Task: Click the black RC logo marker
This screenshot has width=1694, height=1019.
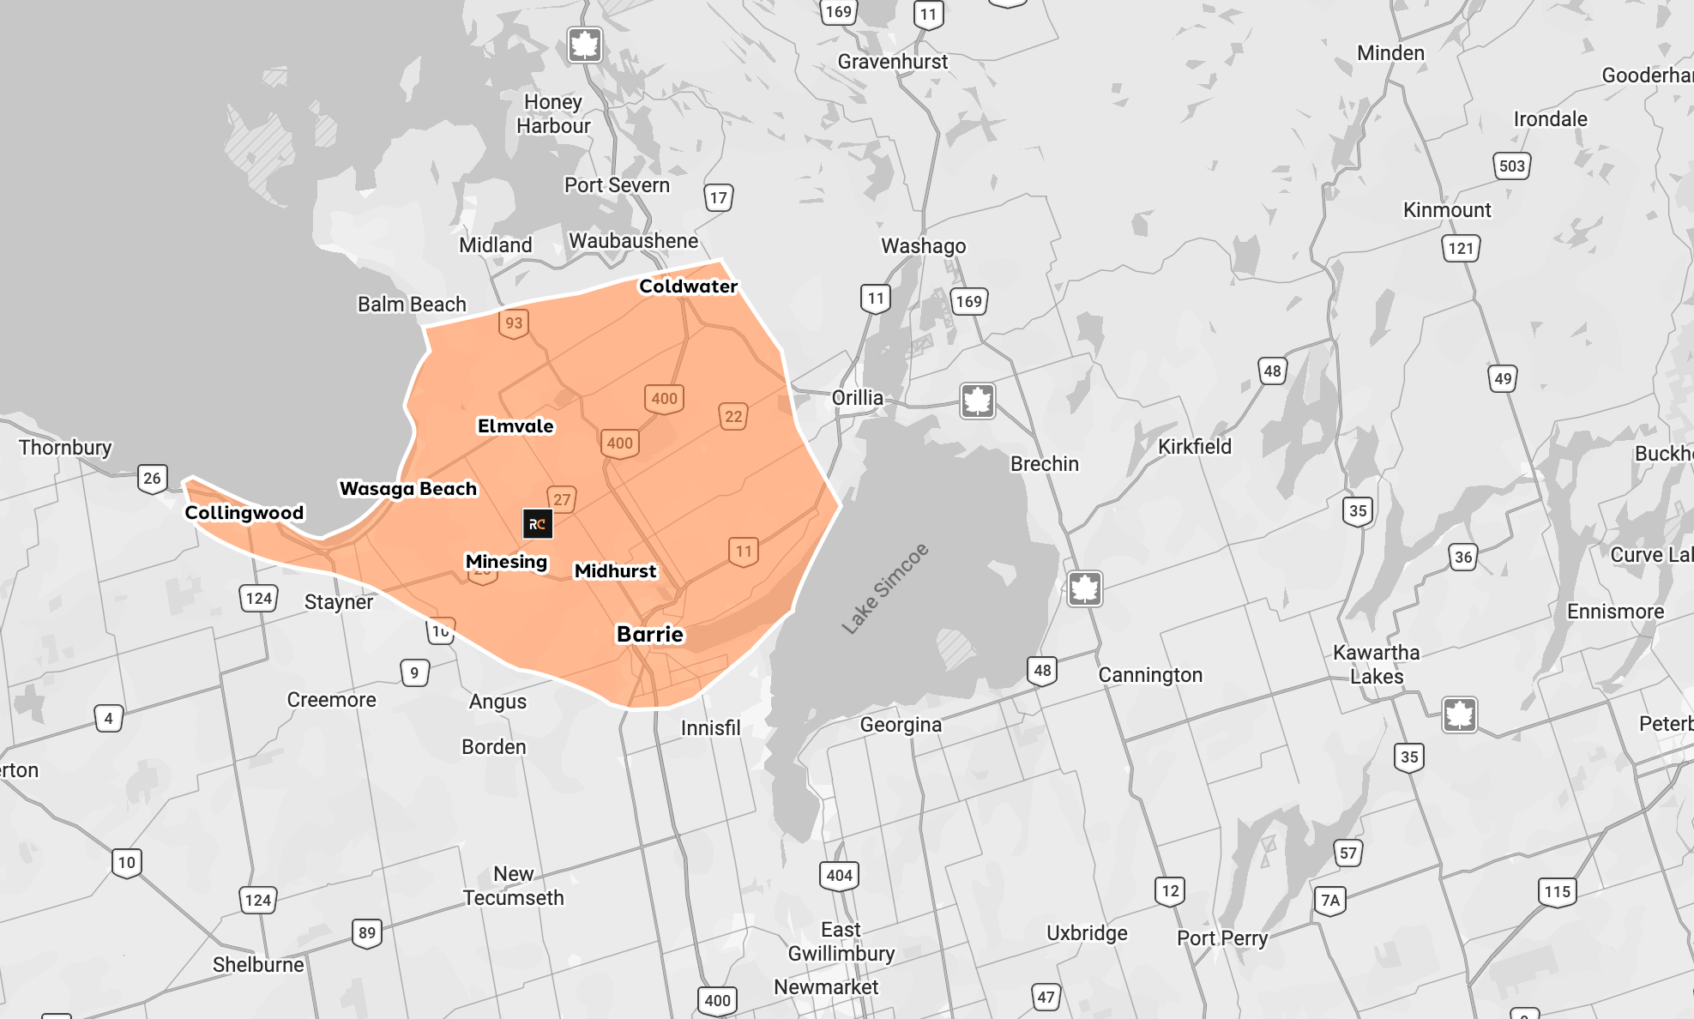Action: click(x=538, y=524)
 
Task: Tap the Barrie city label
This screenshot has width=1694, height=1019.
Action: click(x=650, y=635)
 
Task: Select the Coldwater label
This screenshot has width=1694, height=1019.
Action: click(x=688, y=286)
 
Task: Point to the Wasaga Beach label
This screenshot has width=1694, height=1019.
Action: click(x=408, y=489)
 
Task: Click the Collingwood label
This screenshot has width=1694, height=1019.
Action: click(x=244, y=513)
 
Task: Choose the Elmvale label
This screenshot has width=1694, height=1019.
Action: click(x=515, y=426)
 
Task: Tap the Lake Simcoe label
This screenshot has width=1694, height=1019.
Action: click(x=885, y=588)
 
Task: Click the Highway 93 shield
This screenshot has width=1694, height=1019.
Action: click(x=514, y=323)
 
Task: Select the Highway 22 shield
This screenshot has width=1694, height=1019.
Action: click(x=733, y=417)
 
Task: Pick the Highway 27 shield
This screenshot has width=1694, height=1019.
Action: click(x=562, y=499)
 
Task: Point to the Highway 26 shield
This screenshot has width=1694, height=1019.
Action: click(x=153, y=479)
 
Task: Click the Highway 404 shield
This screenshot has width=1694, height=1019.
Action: click(x=839, y=876)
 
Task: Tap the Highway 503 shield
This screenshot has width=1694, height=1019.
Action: click(x=1512, y=166)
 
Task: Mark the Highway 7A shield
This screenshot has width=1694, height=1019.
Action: click(x=1330, y=901)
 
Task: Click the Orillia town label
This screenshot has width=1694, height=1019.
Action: click(x=857, y=398)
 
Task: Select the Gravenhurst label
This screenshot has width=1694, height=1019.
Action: click(x=893, y=62)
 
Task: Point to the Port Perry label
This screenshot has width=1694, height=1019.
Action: click(x=1222, y=938)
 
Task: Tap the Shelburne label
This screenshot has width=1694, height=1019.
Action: click(x=258, y=965)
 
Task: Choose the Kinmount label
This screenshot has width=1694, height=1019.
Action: click(x=1447, y=210)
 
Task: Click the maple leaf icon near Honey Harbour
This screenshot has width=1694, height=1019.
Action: click(x=585, y=45)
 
